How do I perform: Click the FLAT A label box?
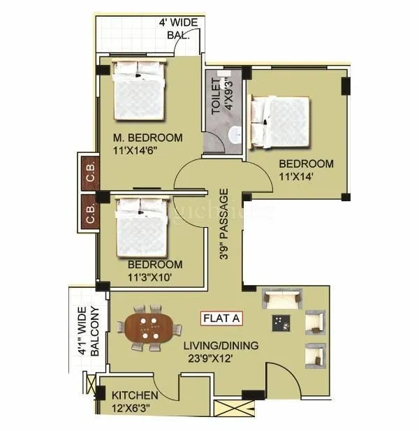click(222, 319)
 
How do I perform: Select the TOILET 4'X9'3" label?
click(221, 96)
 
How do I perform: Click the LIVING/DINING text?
click(221, 345)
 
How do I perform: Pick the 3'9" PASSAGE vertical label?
click(223, 224)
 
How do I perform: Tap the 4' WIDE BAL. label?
click(178, 28)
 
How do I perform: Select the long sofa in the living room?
click(282, 300)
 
